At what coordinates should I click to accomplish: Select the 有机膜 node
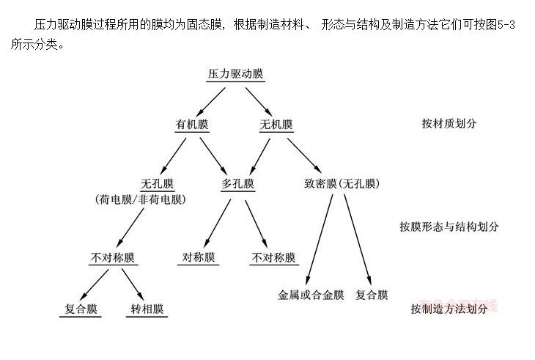pos(192,124)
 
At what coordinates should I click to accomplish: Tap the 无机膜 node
pos(276,124)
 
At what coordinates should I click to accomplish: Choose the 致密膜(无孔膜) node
pos(342,183)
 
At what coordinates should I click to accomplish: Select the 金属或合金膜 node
pos(311,295)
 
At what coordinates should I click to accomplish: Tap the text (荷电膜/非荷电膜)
pos(140,199)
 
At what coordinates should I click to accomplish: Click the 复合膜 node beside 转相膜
pos(80,308)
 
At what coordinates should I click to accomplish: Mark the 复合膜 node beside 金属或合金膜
pos(372,295)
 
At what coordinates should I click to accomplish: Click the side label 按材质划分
pos(449,123)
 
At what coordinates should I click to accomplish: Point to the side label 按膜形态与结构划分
pos(449,226)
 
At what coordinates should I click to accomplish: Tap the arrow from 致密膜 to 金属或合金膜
pos(320,236)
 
